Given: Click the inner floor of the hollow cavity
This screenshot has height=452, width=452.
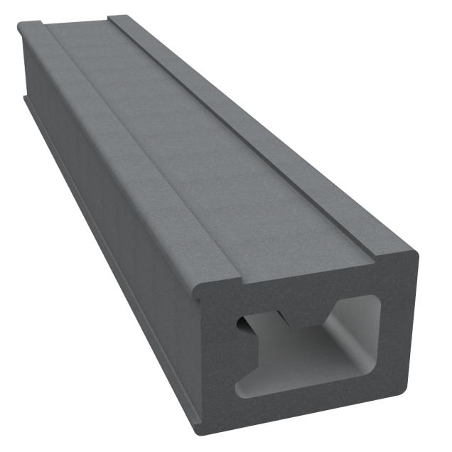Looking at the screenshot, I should (x=313, y=387).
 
